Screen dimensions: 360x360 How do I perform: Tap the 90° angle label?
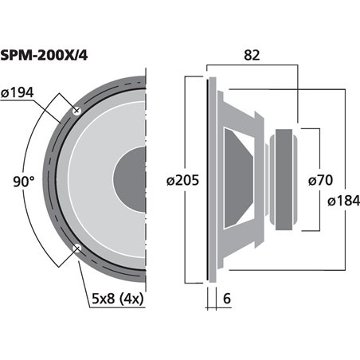pos(24,182)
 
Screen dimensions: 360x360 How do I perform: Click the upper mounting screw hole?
pos(76,111)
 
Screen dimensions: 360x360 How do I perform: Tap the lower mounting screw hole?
pos(76,248)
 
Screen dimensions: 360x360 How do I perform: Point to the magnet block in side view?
pos(283,179)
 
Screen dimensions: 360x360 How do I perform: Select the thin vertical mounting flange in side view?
pos(212,179)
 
